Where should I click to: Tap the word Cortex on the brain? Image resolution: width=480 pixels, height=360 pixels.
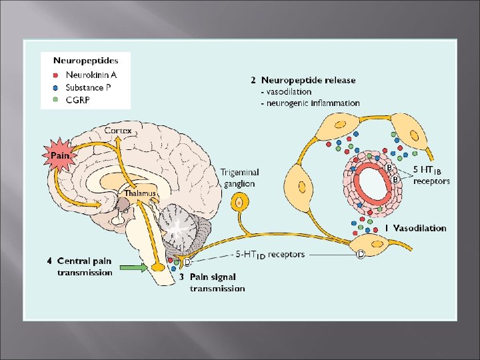coord(118,131)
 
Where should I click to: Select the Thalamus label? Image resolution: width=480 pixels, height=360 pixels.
coord(140,193)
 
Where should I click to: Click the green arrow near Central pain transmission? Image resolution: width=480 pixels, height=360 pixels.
coord(133,268)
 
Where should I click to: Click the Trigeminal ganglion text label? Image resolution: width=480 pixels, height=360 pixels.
coord(240,178)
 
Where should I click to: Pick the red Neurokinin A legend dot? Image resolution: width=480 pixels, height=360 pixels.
coord(55,75)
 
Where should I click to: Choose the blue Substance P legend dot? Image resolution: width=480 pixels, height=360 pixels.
coord(55,88)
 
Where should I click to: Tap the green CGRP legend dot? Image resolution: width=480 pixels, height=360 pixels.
coord(55,100)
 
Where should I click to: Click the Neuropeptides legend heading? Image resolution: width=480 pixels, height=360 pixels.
coord(86,61)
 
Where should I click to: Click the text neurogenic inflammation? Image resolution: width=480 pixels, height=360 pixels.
coord(313,103)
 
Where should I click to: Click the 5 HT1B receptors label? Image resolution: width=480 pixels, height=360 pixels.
coord(431,175)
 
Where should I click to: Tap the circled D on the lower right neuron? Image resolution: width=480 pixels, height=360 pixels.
coord(361,254)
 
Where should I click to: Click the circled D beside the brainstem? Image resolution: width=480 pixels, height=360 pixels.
coord(187,262)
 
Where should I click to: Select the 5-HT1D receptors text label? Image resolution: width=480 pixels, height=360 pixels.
coord(270,255)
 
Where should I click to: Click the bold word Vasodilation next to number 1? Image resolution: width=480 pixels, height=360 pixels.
coord(419,228)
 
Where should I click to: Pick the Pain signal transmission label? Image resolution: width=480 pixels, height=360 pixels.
coord(217,283)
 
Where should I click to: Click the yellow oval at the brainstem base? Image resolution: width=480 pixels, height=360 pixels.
coord(159,267)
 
